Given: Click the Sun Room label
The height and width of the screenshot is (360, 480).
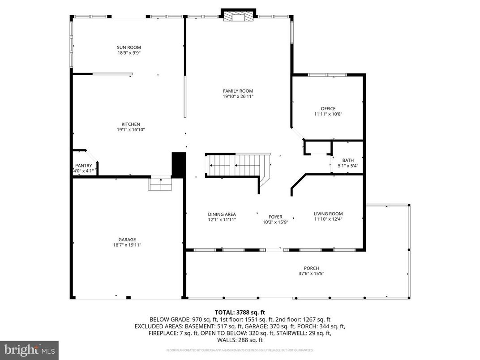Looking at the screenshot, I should tap(129, 47).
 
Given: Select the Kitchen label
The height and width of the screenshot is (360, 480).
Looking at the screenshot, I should tap(131, 124).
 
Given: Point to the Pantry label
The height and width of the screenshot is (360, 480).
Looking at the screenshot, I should tap(83, 166).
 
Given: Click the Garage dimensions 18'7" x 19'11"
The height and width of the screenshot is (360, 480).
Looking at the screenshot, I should tap(127, 245).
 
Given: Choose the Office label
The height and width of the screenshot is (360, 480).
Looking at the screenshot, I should tap(328, 108).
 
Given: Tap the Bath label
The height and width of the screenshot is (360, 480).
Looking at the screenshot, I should tap(348, 160).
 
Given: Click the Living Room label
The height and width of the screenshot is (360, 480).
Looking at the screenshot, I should tap(328, 214).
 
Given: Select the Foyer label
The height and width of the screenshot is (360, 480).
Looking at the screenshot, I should tap(275, 217).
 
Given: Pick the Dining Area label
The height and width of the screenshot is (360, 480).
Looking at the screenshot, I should tap(222, 214).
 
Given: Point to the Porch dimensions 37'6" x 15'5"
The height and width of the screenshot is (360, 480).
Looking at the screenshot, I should tap(309, 274).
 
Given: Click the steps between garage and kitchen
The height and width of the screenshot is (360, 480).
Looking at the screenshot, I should tap(160, 184).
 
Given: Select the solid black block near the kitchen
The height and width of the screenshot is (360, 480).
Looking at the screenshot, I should tap(179, 165).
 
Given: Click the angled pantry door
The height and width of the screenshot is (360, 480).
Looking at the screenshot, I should tap(91, 156).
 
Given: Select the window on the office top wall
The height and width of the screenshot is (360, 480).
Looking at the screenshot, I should tap(327, 75).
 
